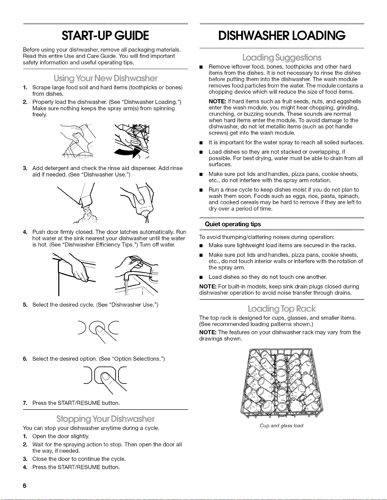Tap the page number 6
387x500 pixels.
click(25, 486)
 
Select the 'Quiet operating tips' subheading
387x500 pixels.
click(233, 224)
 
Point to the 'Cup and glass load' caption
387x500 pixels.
click(281, 426)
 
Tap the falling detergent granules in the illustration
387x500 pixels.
click(86, 215)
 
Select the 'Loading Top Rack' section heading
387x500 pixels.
click(281, 309)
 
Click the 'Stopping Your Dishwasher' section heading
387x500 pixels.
click(105, 419)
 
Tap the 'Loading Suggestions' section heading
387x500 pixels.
click(282, 57)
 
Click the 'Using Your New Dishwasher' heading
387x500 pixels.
click(105, 79)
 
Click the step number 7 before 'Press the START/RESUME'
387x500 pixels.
click(25, 403)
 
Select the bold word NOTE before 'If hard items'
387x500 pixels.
click(217, 102)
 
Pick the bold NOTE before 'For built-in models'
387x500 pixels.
click(208, 286)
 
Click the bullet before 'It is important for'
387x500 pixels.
click(201, 143)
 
